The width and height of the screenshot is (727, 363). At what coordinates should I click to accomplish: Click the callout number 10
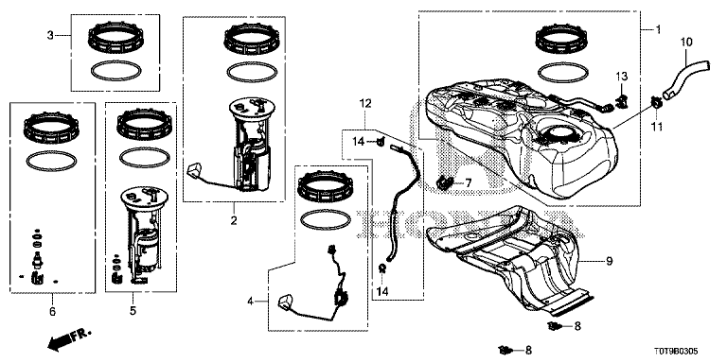(686, 43)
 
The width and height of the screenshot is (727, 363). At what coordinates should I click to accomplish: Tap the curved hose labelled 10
(682, 77)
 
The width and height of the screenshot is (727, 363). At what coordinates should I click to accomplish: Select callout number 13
(621, 76)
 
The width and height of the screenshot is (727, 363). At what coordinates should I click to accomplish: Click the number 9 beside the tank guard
(610, 262)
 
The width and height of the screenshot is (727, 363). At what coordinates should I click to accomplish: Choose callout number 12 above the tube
(365, 103)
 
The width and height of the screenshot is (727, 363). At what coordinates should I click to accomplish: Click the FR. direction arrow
(69, 339)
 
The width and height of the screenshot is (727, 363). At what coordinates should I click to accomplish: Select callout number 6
(52, 311)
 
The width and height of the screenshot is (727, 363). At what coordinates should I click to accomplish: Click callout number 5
(133, 311)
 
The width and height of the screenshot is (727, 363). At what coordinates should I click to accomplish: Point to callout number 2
(234, 220)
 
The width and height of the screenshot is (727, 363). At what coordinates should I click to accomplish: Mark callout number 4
(250, 302)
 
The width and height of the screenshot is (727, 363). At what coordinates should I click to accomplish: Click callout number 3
(50, 35)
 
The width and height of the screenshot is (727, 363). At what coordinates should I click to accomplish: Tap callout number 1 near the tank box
(658, 29)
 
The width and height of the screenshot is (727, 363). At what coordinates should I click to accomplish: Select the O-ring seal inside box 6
(52, 161)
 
